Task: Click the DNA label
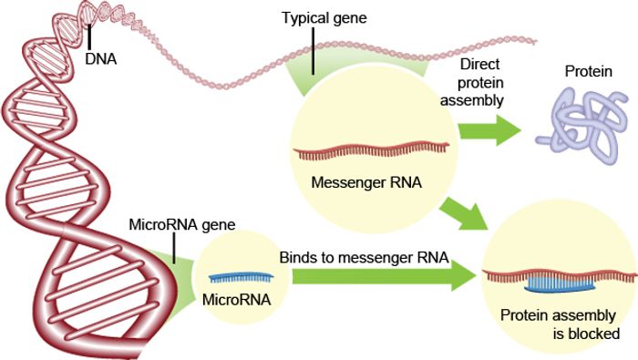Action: [102, 57]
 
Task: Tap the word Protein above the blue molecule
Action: [586, 72]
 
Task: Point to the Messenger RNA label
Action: [365, 180]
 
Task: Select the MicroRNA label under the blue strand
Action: [233, 298]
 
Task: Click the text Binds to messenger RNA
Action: [365, 258]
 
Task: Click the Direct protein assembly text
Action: [471, 83]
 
